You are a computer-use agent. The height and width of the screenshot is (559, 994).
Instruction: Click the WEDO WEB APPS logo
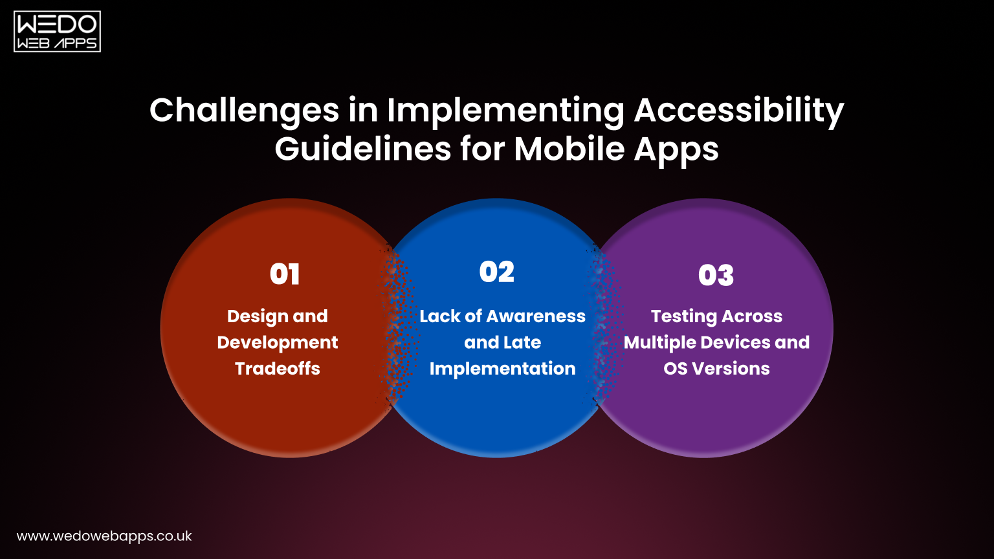57,31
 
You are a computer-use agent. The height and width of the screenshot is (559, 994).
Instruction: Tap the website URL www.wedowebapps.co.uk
104,536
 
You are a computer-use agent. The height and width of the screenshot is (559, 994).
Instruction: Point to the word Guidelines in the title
362,149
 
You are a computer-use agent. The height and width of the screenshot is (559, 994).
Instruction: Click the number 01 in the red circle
285,274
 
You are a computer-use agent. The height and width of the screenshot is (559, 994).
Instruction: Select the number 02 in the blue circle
497,272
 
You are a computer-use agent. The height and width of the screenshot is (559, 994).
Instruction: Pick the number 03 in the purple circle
716,276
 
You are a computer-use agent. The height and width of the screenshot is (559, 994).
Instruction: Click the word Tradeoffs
278,369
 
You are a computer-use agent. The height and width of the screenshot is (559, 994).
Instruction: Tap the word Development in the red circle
278,343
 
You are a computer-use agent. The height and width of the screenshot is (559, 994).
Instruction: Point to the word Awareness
536,316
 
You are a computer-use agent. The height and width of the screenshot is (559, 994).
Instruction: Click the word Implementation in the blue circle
502,369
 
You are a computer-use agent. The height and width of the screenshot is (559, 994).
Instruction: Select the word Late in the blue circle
521,343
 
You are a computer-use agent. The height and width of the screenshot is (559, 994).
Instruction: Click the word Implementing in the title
505,111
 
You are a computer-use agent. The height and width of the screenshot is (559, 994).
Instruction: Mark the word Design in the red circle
254,317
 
